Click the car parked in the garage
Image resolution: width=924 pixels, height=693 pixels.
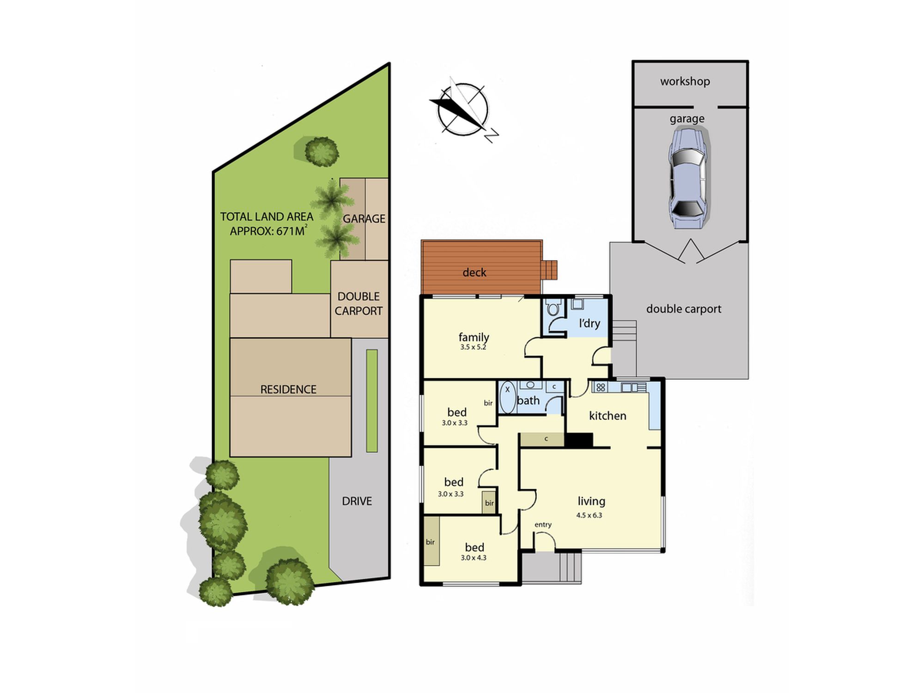point(687,179)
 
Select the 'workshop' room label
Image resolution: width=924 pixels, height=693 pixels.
point(685,81)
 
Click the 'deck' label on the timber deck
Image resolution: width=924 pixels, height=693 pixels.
point(474,273)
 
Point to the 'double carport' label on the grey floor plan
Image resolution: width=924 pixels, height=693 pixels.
point(683,309)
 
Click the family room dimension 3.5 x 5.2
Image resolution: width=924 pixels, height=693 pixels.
point(473,347)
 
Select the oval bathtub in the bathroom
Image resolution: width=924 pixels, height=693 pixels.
point(507,397)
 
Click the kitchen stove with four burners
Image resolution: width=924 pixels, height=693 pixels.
point(600,387)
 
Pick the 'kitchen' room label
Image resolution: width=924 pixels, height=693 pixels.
point(608,416)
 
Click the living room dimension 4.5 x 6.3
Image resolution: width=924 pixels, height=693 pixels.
point(589,515)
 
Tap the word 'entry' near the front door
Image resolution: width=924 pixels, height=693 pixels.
point(543,524)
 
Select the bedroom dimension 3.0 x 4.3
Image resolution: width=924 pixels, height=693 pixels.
point(474,558)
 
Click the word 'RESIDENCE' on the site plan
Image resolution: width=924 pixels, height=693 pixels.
point(288,389)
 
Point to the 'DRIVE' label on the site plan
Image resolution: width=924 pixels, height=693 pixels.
point(357,501)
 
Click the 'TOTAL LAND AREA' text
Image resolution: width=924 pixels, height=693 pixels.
point(267,217)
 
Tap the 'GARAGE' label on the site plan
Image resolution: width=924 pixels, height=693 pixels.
point(364,219)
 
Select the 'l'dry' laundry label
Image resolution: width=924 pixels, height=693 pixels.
point(589,323)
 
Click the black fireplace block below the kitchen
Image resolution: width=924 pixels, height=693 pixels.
point(578,440)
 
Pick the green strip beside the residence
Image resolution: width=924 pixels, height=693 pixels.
point(372,401)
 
